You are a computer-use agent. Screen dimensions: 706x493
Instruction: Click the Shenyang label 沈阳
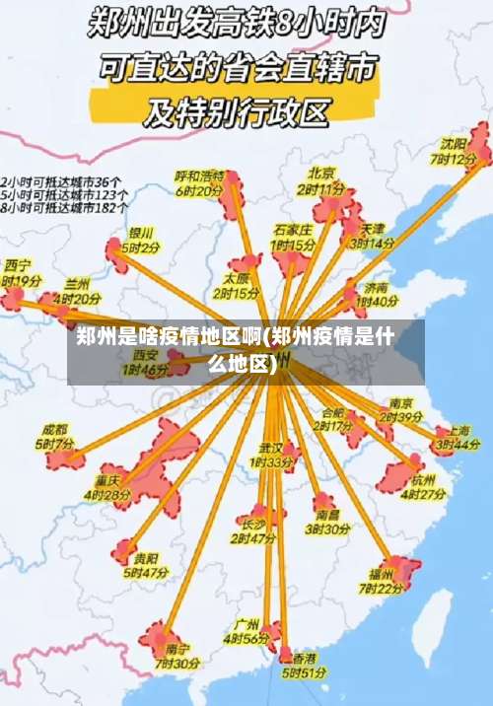pos(454,144)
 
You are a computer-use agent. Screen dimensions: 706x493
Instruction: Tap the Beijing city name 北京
pos(321,172)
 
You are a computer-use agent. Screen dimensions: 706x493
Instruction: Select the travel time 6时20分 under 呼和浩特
pos(199,191)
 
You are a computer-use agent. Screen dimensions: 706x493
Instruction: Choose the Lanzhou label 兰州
pos(77,283)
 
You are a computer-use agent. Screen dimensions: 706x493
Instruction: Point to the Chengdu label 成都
pos(55,430)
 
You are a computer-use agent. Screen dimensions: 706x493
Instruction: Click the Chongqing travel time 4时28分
pos(106,493)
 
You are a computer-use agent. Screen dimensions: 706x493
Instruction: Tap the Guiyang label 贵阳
pos(146,557)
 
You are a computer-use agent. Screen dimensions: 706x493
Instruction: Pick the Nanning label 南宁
pos(177,648)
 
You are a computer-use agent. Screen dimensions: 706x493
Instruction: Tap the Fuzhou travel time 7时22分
pos(380,588)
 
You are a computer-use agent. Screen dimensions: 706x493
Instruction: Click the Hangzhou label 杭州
pos(424,479)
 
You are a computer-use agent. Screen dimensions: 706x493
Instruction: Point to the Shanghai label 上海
pos(458,431)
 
